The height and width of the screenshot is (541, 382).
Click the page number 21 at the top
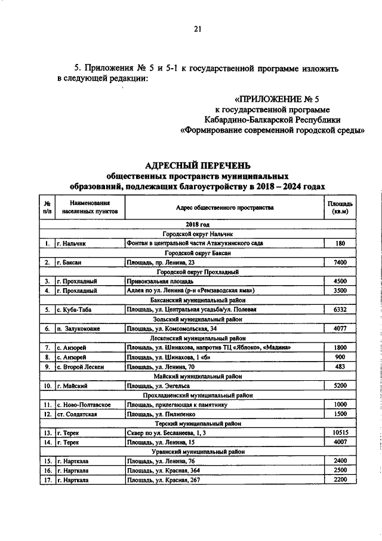[x=198, y=30]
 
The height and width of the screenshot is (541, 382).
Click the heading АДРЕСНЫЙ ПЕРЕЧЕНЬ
[x=198, y=166]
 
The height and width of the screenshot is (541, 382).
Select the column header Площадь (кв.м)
[x=341, y=208]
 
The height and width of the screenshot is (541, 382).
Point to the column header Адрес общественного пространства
[x=225, y=208]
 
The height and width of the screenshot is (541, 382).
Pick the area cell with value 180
[x=340, y=243]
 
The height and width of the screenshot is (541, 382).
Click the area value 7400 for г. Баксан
[x=340, y=262]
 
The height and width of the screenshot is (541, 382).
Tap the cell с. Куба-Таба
[x=74, y=310]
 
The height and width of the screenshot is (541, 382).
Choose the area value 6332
[x=340, y=310]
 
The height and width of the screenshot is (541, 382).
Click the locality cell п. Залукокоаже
[x=81, y=329]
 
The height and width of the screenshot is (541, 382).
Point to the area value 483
[x=340, y=366]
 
